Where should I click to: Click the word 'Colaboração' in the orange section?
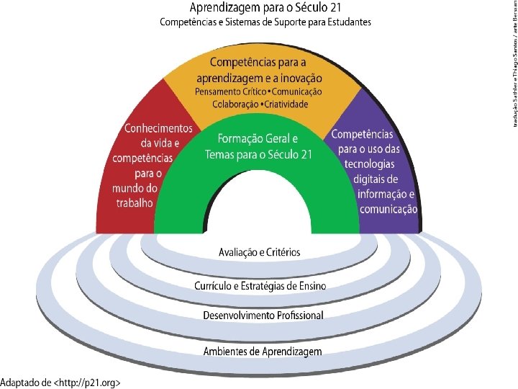(233, 104)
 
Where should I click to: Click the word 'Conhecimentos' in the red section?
(159, 129)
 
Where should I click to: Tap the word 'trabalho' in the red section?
(135, 202)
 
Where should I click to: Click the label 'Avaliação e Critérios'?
(259, 252)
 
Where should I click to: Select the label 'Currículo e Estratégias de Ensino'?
(260, 287)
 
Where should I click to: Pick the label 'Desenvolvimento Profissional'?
(263, 316)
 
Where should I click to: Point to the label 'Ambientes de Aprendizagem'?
(263, 351)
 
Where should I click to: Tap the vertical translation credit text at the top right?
(513, 54)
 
